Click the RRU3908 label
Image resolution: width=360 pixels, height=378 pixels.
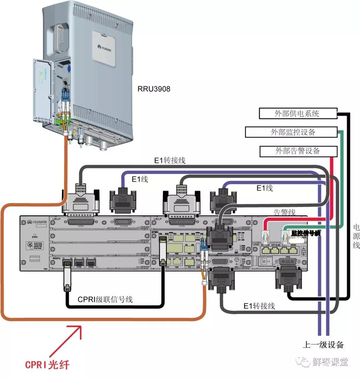[x=154, y=89]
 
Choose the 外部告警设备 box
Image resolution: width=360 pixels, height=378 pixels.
[x=297, y=151]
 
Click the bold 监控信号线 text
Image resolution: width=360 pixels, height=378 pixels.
[x=306, y=233]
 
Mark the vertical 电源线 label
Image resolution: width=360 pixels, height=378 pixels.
[x=356, y=236]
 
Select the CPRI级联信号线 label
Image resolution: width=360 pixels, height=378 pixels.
[x=105, y=299]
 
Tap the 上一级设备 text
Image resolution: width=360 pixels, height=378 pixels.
[x=323, y=345]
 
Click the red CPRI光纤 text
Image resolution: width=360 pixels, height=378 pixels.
[x=47, y=364]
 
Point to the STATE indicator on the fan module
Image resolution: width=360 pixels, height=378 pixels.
[x=35, y=235]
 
